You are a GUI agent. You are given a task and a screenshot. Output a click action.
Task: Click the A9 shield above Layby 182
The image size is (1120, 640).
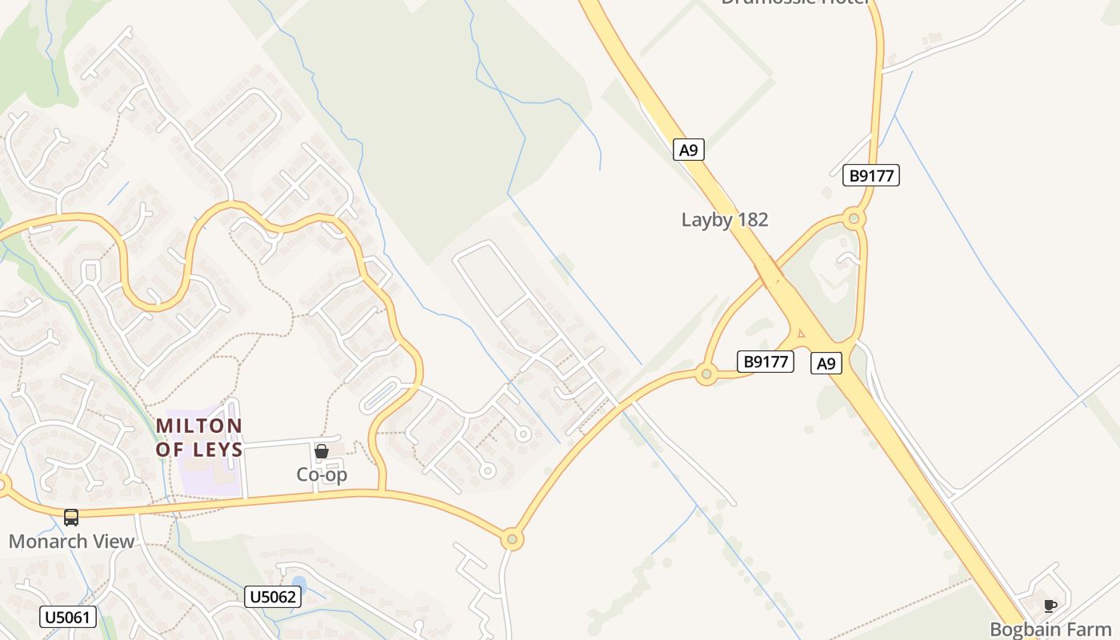coord(688,150)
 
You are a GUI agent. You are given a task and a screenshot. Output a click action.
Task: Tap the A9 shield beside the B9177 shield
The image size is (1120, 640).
coord(826,363)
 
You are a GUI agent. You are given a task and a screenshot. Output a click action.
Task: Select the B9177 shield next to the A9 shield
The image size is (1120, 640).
coord(766,362)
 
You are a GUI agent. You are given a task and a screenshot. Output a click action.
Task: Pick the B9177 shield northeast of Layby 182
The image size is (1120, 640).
coord(871,175)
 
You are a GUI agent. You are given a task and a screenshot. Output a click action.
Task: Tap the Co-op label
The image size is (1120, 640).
coord(322,474)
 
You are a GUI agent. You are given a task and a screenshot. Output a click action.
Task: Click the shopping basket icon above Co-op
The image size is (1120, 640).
coord(322,452)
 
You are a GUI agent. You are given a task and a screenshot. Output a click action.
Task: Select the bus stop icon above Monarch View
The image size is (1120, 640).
coord(71,518)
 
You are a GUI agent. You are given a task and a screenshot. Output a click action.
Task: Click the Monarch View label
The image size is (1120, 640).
coord(71,542)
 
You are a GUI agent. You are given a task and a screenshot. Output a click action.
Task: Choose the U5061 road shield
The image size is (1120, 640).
coord(68,617)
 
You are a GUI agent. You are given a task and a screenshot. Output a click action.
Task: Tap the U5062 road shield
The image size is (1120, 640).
coord(273,597)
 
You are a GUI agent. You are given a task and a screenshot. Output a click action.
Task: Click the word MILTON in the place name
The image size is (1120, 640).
coord(198,426)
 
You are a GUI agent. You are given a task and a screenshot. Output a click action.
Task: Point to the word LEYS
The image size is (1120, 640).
coord(218,450)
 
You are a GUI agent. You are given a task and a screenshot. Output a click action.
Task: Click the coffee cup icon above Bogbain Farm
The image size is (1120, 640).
coord(1050,606)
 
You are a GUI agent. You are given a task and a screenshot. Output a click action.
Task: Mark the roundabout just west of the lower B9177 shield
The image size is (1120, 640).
coord(706,374)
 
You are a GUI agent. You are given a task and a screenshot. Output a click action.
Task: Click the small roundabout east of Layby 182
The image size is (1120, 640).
coord(854,218)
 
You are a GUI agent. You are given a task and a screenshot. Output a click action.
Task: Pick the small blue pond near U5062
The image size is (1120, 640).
coord(298,584)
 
